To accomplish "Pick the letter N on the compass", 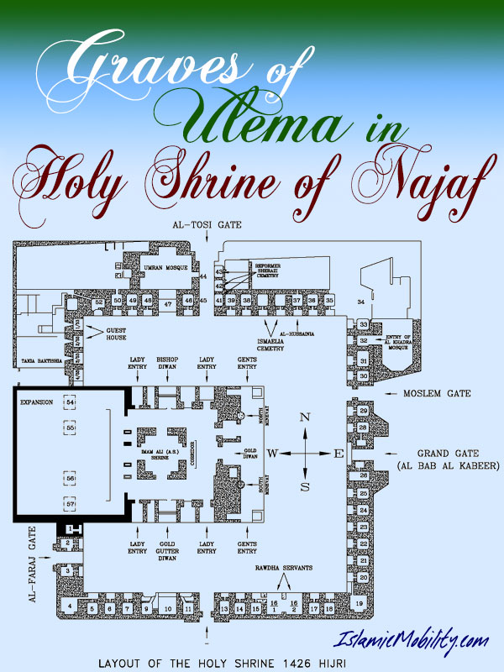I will pyautogui.click(x=306, y=417).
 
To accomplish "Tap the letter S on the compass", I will pyautogui.click(x=306, y=486).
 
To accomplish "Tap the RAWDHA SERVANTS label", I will pyautogui.click(x=283, y=568).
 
